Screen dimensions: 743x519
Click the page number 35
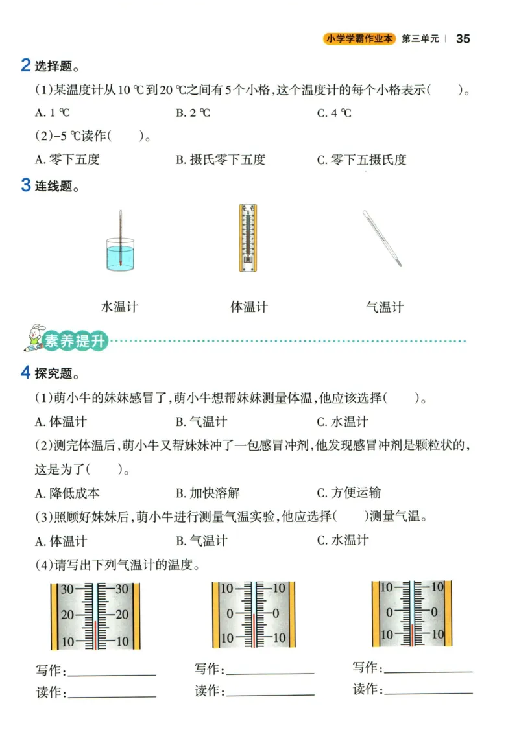click(463, 38)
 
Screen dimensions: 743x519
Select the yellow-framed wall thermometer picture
click(248, 238)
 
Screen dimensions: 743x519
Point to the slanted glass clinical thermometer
click(382, 238)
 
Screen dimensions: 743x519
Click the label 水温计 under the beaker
click(120, 307)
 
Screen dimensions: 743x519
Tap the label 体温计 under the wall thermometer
click(249, 307)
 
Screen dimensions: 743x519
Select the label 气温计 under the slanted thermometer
click(385, 307)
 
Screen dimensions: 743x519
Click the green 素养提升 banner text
click(75, 342)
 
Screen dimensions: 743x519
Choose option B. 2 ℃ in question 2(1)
click(193, 113)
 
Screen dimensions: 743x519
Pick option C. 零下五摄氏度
click(361, 159)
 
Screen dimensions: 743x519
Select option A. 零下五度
click(67, 159)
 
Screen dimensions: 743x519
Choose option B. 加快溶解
click(208, 493)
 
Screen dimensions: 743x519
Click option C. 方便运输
click(349, 493)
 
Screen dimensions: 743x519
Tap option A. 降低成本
click(67, 493)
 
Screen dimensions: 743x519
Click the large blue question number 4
click(25, 372)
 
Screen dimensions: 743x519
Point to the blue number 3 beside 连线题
click(25, 185)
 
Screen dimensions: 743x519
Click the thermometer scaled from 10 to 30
click(95, 616)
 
